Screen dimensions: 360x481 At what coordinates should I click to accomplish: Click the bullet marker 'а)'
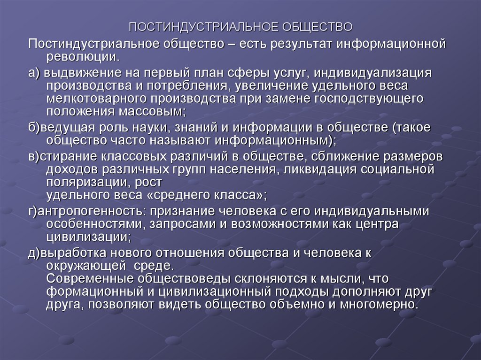(35, 74)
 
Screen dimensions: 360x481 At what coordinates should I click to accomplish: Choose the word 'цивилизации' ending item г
(87, 236)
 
